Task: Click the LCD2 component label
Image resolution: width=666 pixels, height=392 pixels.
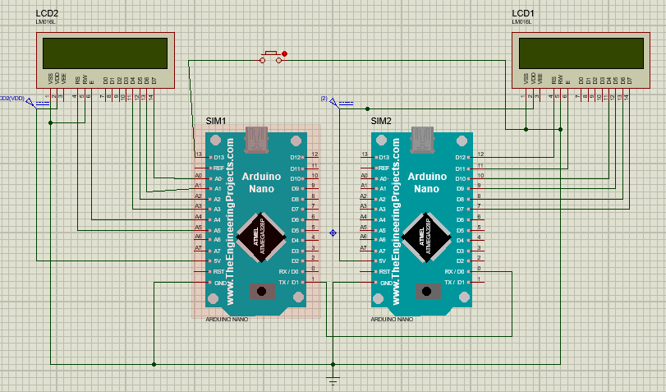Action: point(47,14)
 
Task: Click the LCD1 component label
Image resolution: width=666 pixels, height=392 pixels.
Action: point(523,14)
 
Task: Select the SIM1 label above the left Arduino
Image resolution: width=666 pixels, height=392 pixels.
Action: point(215,121)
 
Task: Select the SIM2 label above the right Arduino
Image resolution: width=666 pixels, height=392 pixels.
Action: point(381,121)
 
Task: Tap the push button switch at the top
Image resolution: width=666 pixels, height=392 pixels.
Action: point(270,57)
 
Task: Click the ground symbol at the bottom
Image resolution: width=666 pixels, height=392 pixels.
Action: point(333,380)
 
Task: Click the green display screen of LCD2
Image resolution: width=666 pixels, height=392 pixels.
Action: point(104,54)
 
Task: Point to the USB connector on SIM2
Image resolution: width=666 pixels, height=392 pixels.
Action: point(423,141)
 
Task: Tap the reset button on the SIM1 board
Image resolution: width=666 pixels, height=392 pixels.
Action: point(262,292)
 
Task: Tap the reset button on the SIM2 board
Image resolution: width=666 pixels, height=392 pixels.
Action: point(426,292)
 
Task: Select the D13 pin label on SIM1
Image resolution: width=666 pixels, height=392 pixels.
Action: point(220,157)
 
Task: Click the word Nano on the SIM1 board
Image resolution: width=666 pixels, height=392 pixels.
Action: point(261,189)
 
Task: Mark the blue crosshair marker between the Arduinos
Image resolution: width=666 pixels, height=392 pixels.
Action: point(333,233)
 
